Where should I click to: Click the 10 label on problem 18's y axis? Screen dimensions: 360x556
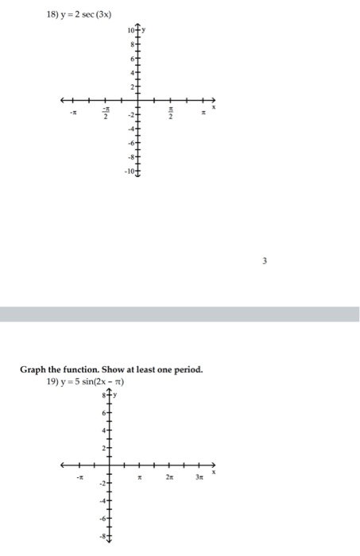(130, 29)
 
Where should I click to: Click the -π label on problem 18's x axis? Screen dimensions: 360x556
(72, 114)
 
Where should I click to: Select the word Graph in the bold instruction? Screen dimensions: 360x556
(33, 369)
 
